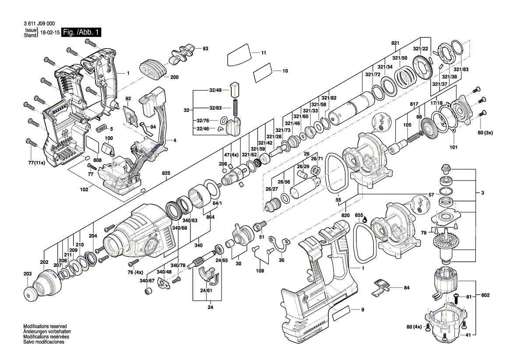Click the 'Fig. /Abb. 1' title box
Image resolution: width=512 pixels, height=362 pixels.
click(81, 32)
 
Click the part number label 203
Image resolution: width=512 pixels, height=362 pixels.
click(28, 274)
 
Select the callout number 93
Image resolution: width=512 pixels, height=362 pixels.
click(205, 49)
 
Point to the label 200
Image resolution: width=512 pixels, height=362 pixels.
click(174, 78)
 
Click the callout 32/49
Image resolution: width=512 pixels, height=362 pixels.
click(215, 90)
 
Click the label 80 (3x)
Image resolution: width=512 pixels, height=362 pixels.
click(485, 133)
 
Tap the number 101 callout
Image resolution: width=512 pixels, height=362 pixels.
click(454, 147)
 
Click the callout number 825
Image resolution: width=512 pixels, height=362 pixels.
click(166, 173)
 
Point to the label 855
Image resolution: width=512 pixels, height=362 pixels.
click(359, 215)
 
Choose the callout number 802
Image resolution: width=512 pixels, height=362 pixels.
click(485, 295)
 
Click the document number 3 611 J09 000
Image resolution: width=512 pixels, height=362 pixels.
click(39, 24)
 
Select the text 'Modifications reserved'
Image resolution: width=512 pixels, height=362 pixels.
click(45, 327)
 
